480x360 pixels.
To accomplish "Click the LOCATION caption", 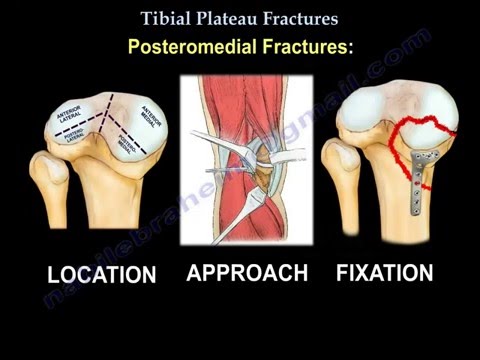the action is (102, 274).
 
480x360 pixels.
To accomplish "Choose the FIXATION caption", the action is (384, 272).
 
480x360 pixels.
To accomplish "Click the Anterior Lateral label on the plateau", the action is (73, 121).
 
